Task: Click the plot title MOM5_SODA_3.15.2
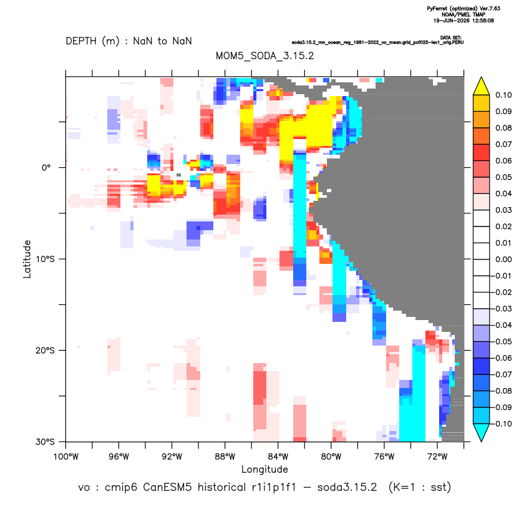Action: (264, 56)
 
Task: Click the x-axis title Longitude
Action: (264, 469)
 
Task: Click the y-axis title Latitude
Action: (27, 259)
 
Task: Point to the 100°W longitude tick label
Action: (65, 457)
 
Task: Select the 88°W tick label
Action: (225, 457)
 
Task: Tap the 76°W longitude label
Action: (384, 457)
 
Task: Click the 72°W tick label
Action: (437, 457)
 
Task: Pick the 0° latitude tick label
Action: (46, 167)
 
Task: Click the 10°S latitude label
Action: (45, 259)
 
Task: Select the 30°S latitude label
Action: (45, 442)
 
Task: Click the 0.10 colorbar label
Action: (503, 95)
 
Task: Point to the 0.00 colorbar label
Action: (503, 259)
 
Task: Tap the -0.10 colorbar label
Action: (502, 424)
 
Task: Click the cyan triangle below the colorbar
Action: (482, 432)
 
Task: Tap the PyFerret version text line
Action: (463, 9)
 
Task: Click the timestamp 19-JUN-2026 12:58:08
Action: (463, 21)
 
